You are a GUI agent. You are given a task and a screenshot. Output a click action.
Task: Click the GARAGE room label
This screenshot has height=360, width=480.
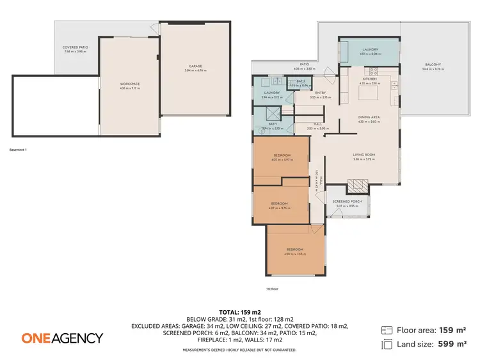(x=195, y=66)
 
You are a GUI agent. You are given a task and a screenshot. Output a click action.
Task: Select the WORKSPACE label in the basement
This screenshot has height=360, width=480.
(x=130, y=84)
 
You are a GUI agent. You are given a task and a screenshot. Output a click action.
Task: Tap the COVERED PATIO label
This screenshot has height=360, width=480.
(x=74, y=47)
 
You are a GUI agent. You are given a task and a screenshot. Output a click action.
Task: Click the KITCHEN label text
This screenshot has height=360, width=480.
(x=370, y=79)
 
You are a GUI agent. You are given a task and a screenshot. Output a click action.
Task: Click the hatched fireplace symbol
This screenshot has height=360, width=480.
(x=356, y=187)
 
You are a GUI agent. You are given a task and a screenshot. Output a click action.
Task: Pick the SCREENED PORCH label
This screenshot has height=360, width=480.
(x=348, y=201)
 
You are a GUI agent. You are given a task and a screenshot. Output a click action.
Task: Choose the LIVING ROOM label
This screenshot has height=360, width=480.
(x=364, y=154)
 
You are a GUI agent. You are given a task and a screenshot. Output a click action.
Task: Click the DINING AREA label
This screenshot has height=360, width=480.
(x=369, y=117)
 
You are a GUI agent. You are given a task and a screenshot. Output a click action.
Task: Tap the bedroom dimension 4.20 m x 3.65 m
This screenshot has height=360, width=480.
(x=295, y=254)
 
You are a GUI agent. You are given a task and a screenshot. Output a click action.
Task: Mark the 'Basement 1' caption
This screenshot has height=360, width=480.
(x=19, y=150)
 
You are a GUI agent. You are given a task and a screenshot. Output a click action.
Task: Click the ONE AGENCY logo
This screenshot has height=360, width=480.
(x=62, y=338)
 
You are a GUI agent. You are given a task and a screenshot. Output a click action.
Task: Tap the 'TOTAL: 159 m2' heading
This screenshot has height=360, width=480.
(x=239, y=312)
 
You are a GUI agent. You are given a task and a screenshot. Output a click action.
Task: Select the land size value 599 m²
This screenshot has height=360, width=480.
(x=452, y=344)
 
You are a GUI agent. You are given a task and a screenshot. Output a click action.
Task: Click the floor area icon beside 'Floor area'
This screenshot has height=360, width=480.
(x=387, y=331)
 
